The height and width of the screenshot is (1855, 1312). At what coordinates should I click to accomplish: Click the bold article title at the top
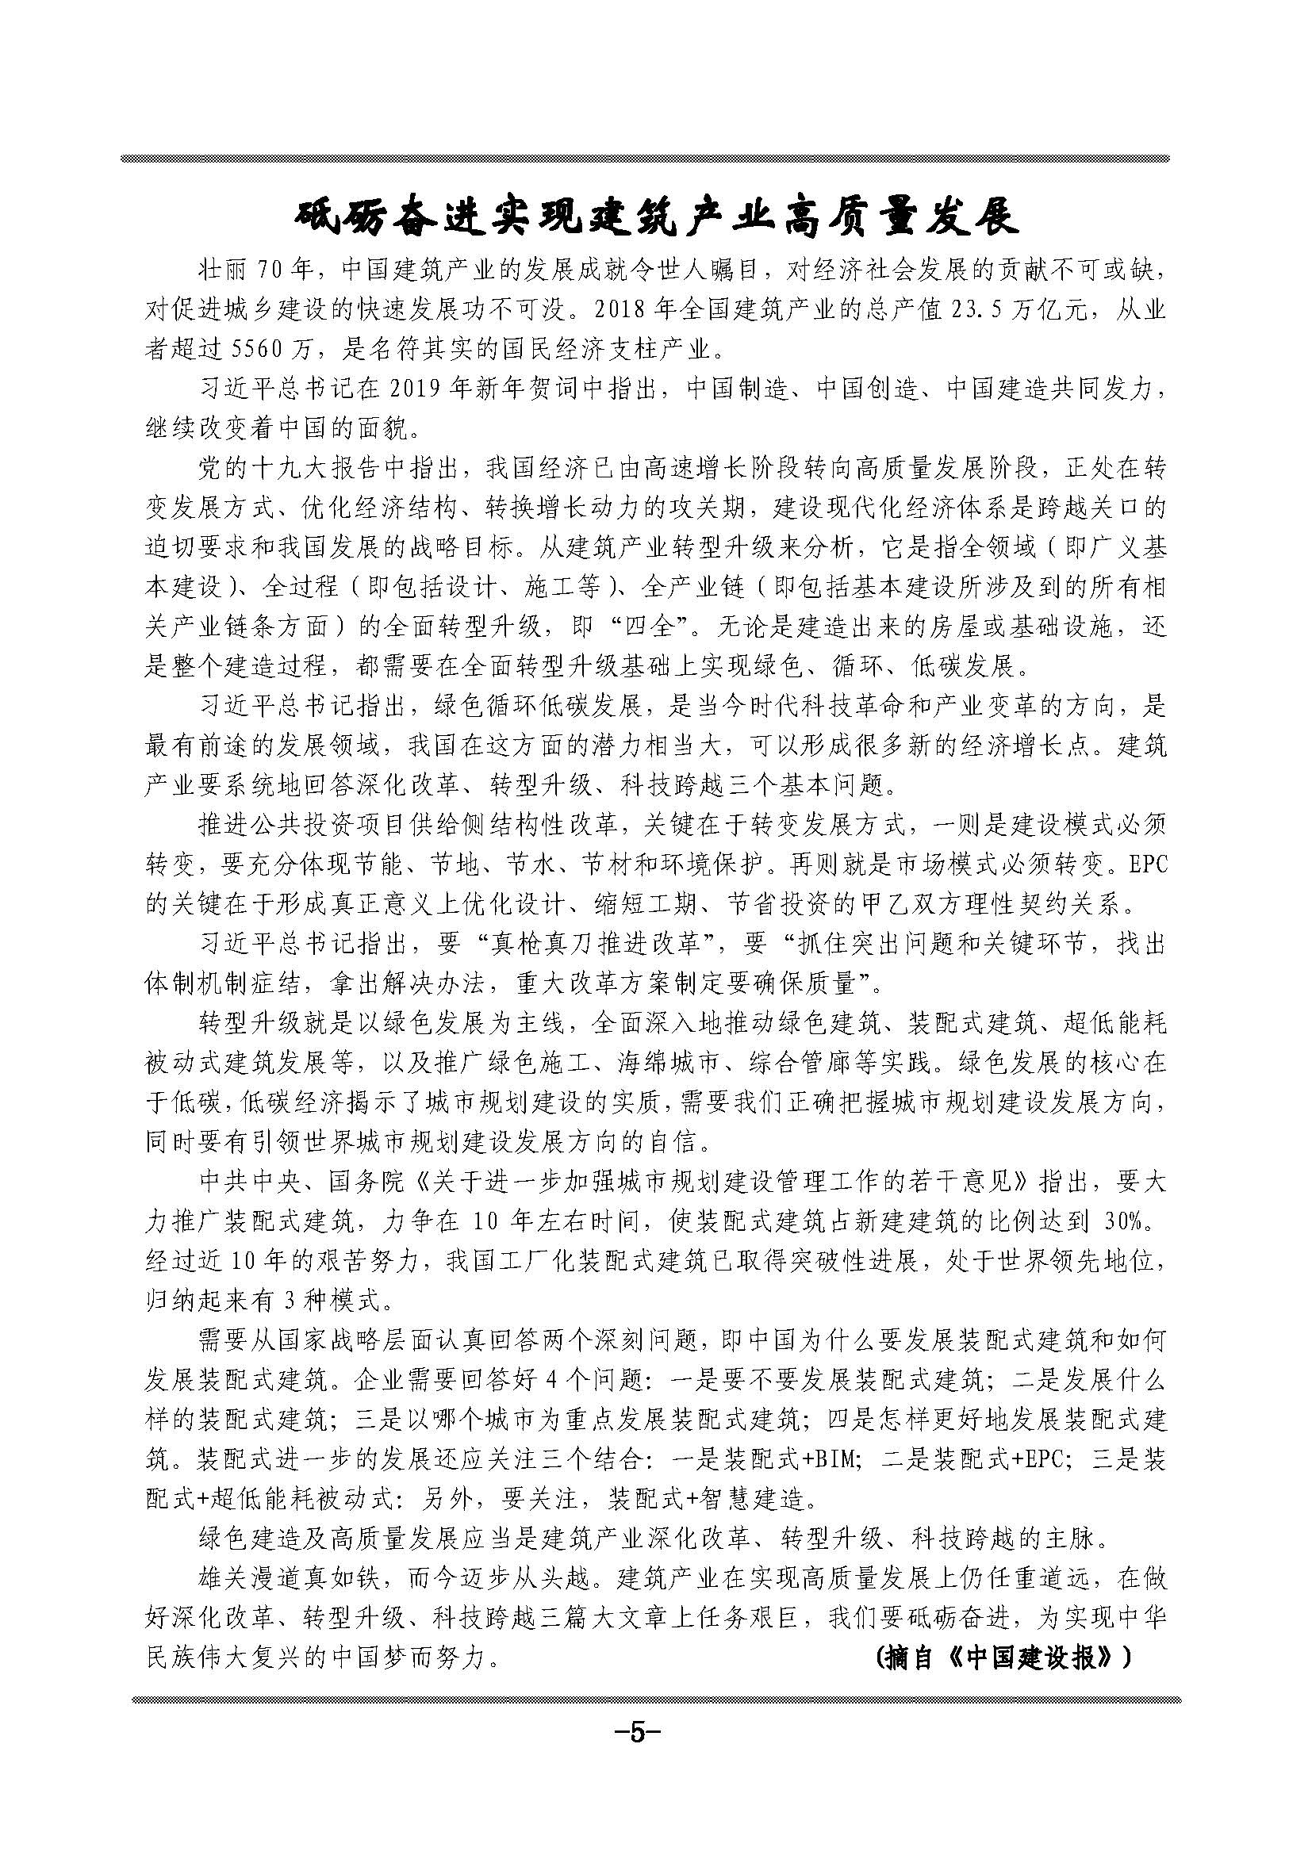click(655, 217)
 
